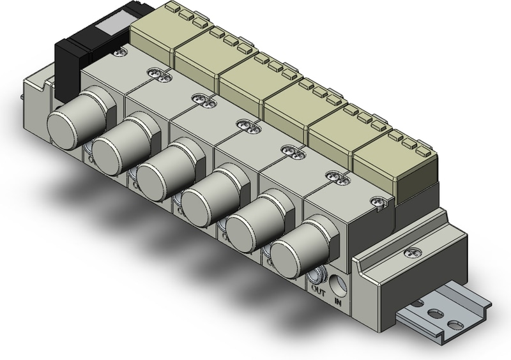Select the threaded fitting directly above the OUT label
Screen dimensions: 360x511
coord(316,275)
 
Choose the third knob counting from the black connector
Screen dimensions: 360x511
coord(158,172)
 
